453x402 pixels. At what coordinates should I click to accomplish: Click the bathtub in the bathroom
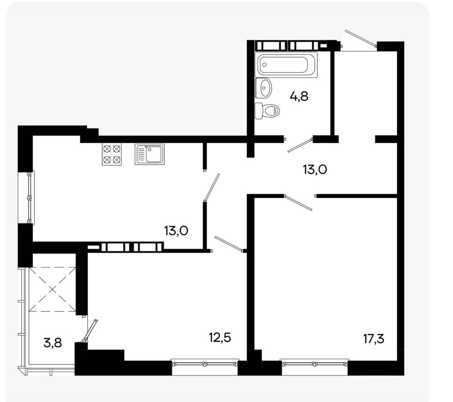286,64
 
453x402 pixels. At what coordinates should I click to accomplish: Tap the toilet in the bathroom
268,110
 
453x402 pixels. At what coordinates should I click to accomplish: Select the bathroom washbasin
263,88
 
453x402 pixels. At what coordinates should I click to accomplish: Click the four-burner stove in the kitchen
112,155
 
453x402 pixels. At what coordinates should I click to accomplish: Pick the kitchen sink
149,155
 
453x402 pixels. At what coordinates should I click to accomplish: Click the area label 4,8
299,96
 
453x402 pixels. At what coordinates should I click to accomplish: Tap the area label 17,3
374,339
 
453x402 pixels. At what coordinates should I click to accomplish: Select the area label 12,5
220,337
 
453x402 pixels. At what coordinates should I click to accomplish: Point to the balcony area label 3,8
52,343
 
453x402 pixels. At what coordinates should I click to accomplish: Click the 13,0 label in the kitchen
176,231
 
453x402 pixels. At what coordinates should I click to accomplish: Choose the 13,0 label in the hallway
315,170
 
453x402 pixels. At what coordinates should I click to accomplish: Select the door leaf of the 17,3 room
298,202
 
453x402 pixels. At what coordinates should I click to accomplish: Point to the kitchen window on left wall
29,198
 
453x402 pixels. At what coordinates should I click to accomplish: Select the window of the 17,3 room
315,363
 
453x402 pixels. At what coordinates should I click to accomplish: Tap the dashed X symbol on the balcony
52,289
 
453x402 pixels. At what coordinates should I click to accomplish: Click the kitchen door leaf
212,187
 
